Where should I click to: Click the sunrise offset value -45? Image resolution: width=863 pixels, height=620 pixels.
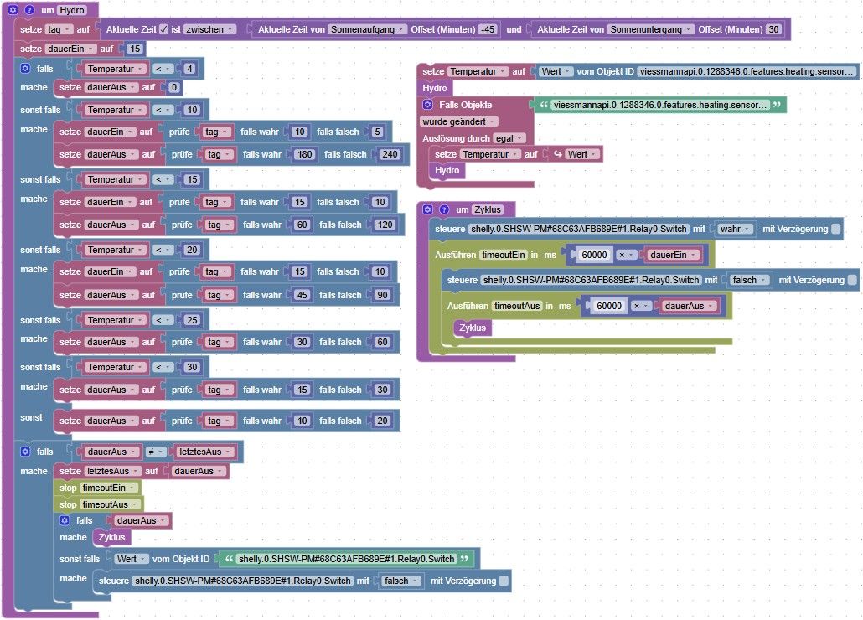pyautogui.click(x=488, y=29)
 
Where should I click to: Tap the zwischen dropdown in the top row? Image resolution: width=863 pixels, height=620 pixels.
pyautogui.click(x=210, y=29)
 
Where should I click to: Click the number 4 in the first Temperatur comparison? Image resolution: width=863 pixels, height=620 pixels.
pyautogui.click(x=190, y=69)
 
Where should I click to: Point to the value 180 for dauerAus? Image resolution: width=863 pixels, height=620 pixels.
pyautogui.click(x=302, y=154)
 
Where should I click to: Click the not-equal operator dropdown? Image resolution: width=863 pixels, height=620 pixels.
pyautogui.click(x=158, y=452)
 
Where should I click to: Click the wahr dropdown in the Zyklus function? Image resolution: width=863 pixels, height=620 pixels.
pyautogui.click(x=736, y=229)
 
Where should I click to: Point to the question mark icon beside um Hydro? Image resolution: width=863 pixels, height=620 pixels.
pyautogui.click(x=29, y=9)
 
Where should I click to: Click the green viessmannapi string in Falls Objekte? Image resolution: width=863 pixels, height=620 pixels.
pyautogui.click(x=660, y=105)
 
